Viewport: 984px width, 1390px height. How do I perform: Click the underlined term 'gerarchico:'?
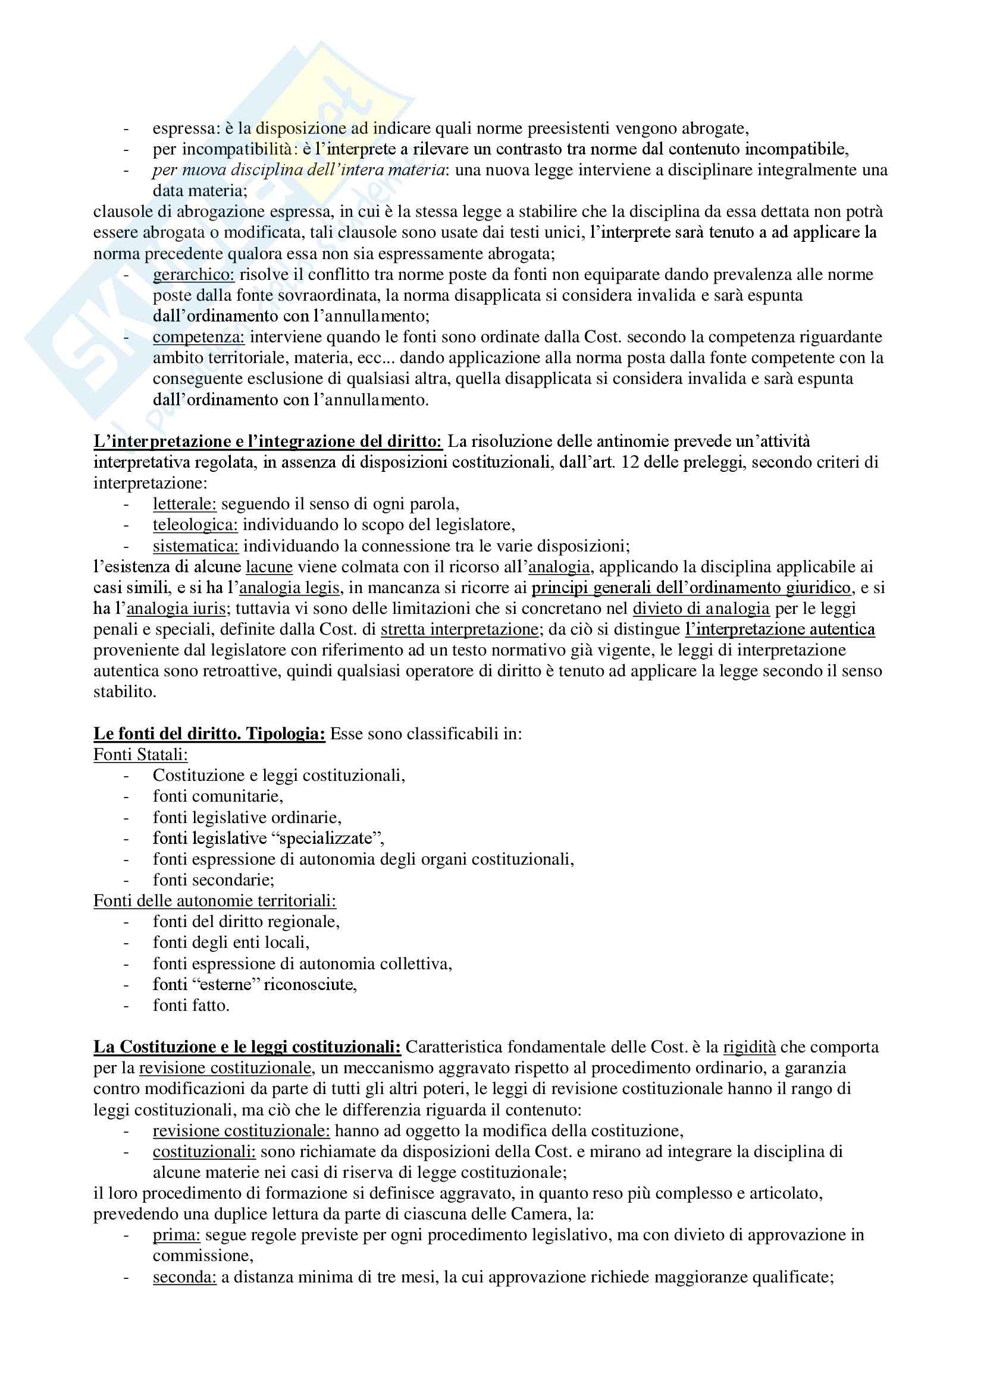193,275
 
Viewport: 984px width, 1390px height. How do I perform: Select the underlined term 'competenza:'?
198,337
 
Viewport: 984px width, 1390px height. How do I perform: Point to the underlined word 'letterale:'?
184,504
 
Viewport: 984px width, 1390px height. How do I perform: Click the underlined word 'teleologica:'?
195,525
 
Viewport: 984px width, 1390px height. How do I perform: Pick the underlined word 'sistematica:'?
196,546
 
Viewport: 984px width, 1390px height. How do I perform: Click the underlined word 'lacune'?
269,567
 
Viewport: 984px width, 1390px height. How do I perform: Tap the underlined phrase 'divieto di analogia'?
701,609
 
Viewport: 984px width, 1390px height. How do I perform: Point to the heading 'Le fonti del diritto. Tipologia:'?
209,734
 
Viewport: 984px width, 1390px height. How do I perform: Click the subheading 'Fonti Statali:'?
140,754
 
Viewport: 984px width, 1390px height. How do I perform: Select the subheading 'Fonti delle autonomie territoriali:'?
215,901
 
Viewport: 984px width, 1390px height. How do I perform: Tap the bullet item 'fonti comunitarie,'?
218,796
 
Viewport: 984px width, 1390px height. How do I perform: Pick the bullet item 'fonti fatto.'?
191,1006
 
